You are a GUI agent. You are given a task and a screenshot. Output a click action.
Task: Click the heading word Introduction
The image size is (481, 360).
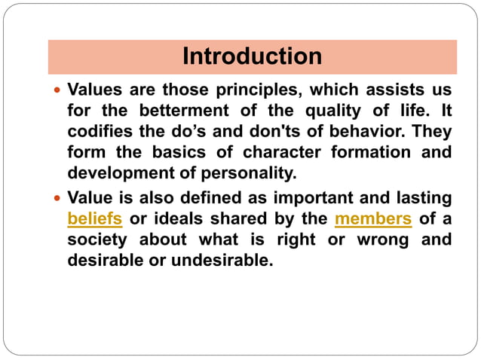click(x=253, y=56)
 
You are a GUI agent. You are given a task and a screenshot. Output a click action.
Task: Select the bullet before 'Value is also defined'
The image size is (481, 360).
click(x=58, y=199)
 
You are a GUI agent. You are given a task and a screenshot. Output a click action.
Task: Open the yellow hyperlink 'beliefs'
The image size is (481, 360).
click(x=95, y=220)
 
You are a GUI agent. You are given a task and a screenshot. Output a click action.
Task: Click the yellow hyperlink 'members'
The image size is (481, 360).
click(x=372, y=220)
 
